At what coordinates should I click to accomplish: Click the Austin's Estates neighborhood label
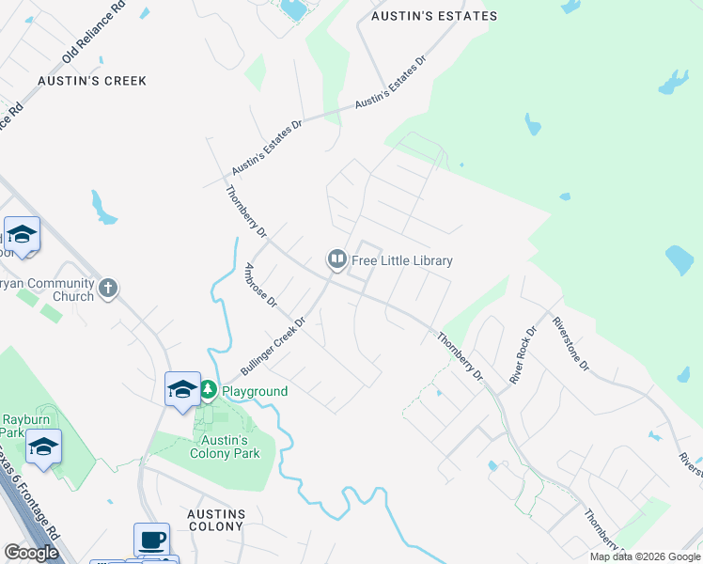coord(433,16)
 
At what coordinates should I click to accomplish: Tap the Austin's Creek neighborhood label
coord(92,81)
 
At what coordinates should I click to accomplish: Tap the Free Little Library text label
coord(402,260)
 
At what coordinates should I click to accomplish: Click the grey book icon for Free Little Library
coord(336,259)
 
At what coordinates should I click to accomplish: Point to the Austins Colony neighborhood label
coord(216,521)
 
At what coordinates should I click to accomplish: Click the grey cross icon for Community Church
coord(108,288)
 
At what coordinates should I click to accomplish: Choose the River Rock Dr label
coord(523,354)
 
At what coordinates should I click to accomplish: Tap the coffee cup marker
coord(151,540)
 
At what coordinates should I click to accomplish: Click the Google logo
coord(31,553)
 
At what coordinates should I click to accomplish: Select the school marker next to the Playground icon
coord(181,388)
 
